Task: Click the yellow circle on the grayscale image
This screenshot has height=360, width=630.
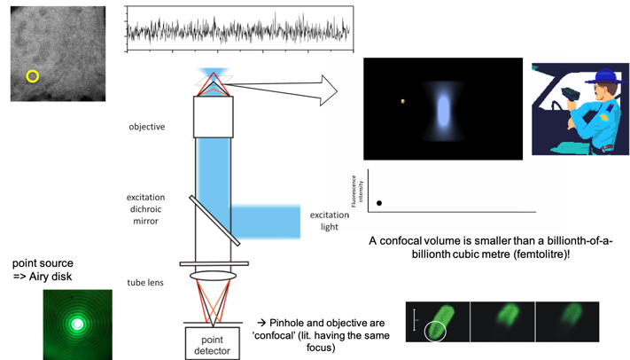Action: click(33, 76)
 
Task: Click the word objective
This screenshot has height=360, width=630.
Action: click(147, 127)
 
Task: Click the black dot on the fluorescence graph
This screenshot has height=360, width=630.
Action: click(379, 203)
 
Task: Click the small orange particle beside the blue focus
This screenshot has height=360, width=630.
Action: click(402, 101)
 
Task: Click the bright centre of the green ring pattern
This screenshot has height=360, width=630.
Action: click(78, 324)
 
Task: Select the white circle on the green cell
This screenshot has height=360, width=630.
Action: click(435, 332)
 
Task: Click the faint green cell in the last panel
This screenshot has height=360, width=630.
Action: click(567, 317)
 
